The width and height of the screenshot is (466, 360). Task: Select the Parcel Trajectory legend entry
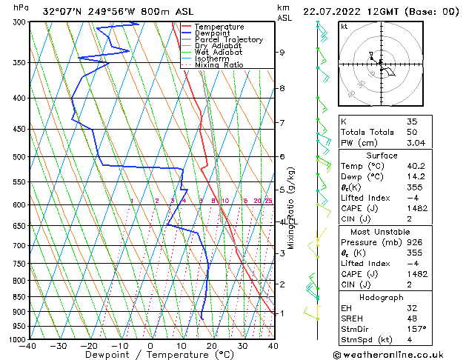(228, 40)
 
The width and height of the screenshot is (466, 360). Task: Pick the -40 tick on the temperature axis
(29, 346)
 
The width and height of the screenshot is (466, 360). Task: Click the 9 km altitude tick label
(282, 53)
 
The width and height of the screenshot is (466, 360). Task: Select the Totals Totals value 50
(412, 132)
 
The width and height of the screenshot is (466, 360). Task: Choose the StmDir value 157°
(416, 328)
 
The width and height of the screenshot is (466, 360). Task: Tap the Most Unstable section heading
(382, 231)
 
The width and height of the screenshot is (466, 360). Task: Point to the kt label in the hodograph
(344, 26)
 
